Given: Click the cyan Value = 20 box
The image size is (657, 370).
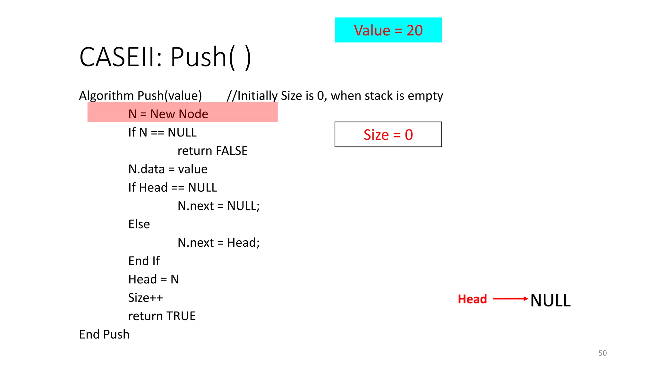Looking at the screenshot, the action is tap(388, 30).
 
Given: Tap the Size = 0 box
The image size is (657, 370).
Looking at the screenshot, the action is tap(388, 134).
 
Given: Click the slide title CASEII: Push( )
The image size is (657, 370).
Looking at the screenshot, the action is tap(165, 57).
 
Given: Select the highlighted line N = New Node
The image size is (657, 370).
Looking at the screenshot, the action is tap(168, 114).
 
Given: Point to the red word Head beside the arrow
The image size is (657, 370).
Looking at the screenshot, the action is tap(472, 299).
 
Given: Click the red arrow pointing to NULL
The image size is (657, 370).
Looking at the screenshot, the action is tap(510, 299).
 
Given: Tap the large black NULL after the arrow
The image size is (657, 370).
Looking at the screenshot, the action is tap(550, 301).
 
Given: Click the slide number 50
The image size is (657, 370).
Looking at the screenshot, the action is tap(602, 353).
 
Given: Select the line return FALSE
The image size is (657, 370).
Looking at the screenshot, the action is tap(212, 151).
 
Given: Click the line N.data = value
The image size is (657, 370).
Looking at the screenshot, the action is tap(168, 169).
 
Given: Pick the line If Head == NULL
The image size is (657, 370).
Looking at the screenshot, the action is tap(173, 187).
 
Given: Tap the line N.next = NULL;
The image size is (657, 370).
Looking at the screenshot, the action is tap(218, 206).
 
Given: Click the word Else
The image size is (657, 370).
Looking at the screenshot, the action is tap(139, 224).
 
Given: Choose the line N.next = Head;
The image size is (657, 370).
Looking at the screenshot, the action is tap(218, 242).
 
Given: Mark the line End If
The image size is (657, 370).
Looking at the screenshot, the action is tap(144, 261).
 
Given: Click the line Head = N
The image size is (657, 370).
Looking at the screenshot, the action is tap(153, 279).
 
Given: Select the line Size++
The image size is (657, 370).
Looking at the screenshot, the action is tap(146, 297).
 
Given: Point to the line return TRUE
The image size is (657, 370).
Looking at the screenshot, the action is tap(162, 316).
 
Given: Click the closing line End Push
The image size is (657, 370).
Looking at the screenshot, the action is tap(104, 334).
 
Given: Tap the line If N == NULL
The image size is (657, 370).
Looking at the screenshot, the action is tap(162, 132).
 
